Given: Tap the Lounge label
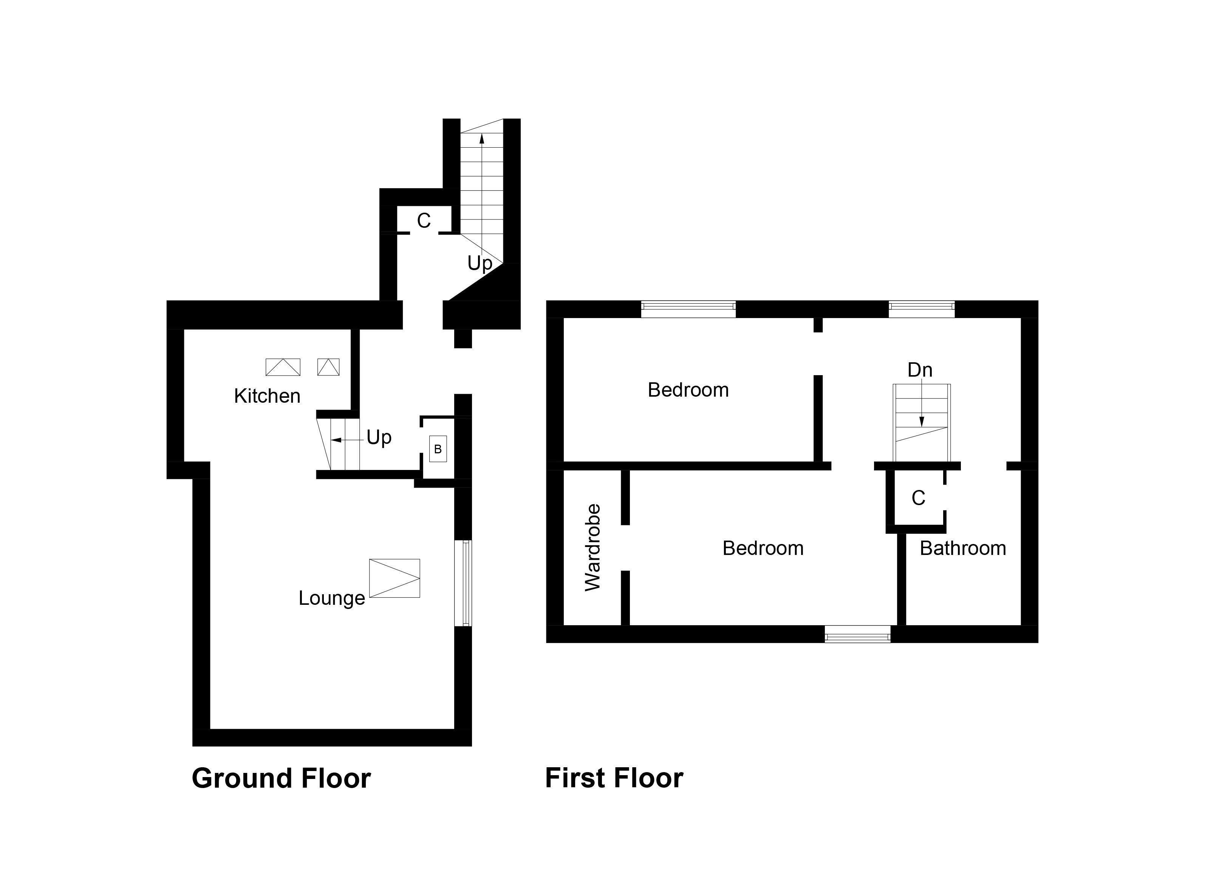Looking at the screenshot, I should coord(331,598).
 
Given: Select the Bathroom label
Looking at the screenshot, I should coord(963,548).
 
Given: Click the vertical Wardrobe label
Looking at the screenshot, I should coord(592,548).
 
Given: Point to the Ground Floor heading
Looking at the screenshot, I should coord(281,778).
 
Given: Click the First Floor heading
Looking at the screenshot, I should coord(614,778).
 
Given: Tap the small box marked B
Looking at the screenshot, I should coord(438,449).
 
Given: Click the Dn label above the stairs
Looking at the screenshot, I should coord(920,370).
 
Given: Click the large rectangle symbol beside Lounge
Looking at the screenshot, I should coord(394,578).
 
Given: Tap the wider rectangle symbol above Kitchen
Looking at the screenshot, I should coord(283,367).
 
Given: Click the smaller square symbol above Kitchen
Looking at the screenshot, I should coord(328,367).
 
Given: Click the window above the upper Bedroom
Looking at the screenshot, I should coord(688,309).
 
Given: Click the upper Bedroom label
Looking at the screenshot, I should coord(688,390).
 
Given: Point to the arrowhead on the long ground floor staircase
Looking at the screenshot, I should coord(482,139).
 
